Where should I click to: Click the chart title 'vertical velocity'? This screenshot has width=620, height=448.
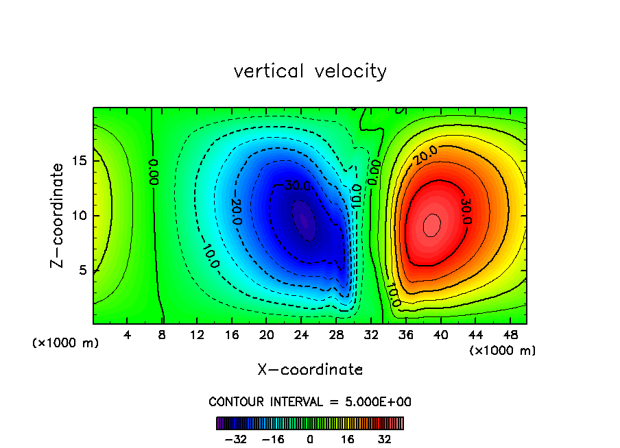point(310,71)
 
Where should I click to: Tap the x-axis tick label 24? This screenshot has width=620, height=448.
point(301,335)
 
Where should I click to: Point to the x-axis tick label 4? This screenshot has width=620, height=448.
point(128,335)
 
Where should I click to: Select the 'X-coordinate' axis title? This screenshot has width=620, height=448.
point(310,370)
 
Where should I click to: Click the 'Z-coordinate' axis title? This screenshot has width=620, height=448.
point(58,215)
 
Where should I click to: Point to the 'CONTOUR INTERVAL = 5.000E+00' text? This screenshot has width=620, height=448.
point(310,401)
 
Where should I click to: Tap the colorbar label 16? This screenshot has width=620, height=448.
point(348,439)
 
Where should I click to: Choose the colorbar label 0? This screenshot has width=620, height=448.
point(310,439)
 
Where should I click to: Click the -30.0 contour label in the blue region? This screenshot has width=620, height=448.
point(297,186)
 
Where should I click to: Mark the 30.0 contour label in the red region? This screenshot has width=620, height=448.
point(466,210)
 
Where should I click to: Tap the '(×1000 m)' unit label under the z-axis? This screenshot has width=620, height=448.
point(66,343)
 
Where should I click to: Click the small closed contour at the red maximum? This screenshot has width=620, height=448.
point(431,225)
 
